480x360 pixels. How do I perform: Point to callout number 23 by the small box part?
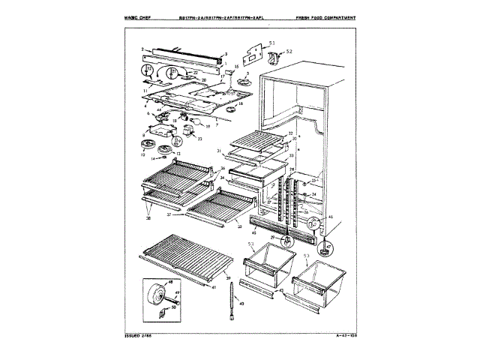pos(200,139)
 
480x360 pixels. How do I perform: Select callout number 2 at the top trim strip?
pos(142,49)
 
